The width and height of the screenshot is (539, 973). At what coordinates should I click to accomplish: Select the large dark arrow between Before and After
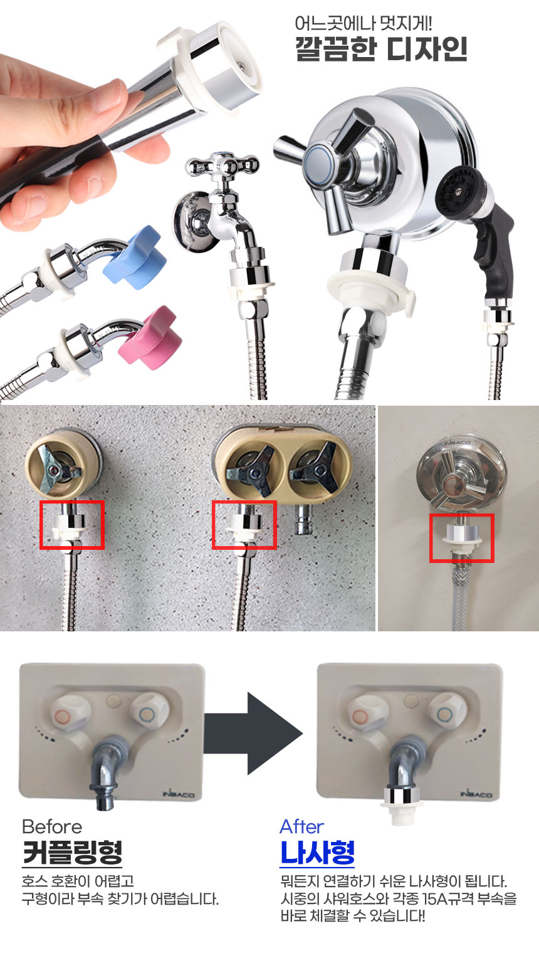[254, 734]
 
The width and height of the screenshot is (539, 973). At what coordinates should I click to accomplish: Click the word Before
[52, 827]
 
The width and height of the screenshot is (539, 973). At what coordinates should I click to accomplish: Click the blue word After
[302, 827]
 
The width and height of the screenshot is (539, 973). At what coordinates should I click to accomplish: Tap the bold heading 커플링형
[73, 852]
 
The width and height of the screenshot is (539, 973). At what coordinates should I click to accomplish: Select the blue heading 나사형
[318, 852]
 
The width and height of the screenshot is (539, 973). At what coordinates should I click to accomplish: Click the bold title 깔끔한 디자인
[381, 49]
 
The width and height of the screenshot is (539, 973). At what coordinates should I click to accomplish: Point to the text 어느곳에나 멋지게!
[363, 23]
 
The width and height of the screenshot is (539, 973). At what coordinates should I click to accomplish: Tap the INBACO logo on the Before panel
[179, 794]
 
